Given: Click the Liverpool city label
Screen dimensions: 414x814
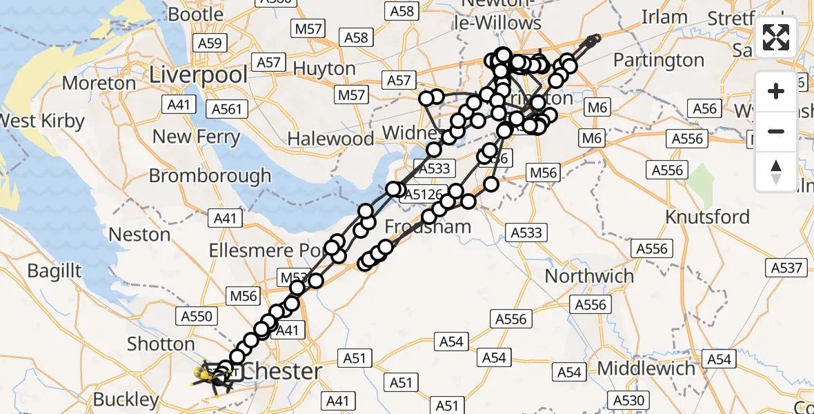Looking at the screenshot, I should (199, 74).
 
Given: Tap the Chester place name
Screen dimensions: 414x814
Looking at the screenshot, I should (282, 371).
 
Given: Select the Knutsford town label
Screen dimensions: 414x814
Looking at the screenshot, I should (707, 217).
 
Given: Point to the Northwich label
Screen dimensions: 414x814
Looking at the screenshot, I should (589, 276).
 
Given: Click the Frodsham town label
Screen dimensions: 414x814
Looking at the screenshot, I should (428, 226).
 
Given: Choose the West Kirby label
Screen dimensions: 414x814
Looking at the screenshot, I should (41, 121).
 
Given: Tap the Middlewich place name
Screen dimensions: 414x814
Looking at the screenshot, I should (646, 368).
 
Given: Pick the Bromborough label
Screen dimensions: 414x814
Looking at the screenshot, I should (210, 175).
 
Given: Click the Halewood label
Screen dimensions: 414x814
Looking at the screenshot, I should (330, 139).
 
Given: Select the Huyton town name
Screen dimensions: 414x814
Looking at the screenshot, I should (324, 69).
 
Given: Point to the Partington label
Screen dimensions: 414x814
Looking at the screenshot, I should (659, 61).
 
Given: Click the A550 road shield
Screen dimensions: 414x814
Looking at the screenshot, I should (197, 317).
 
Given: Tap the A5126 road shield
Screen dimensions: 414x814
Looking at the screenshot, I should (423, 195).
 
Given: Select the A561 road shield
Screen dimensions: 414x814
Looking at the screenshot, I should (227, 109).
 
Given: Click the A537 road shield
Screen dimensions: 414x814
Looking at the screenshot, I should (787, 267).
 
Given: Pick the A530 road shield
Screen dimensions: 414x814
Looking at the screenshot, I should (628, 400).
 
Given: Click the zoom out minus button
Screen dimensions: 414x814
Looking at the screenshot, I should (776, 131).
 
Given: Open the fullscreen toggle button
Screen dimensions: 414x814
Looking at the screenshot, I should (776, 37).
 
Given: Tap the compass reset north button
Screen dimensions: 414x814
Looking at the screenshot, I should (776, 171).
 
